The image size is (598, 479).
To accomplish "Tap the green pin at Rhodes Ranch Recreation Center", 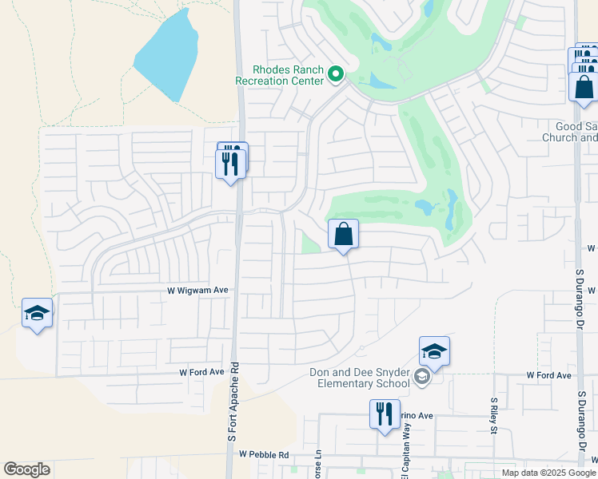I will [x=336, y=76].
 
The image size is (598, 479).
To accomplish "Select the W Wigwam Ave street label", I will [x=197, y=291].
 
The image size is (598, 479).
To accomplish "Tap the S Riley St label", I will [x=494, y=414].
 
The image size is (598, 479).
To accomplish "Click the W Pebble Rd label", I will [x=264, y=454].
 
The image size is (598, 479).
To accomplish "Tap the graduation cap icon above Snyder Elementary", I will [x=434, y=350].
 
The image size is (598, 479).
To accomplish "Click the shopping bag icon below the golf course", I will [x=343, y=234].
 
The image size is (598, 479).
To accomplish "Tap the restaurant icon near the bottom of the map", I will [x=385, y=414].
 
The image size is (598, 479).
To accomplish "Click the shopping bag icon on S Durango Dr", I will [x=584, y=85].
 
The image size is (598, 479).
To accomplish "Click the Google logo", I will [x=26, y=469].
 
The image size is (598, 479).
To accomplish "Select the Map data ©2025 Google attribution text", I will [x=548, y=473].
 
